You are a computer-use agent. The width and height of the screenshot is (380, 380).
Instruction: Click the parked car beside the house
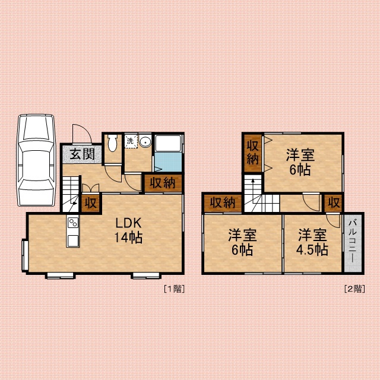(x=36, y=160)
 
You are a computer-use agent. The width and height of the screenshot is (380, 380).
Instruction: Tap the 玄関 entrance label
(x=82, y=154)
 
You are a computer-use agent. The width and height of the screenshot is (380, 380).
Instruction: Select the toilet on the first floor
(x=112, y=143)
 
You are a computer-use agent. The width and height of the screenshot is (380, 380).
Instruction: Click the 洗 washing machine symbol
(x=131, y=141)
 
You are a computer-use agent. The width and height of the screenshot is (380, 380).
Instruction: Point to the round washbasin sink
(x=145, y=141)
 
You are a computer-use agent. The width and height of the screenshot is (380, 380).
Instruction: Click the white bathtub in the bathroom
(x=168, y=143)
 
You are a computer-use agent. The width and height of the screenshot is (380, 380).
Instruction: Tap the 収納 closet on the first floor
(x=163, y=183)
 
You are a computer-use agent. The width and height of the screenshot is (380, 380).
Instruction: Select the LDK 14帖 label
(x=128, y=230)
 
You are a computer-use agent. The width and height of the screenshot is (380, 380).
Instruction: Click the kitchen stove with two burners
(x=73, y=223)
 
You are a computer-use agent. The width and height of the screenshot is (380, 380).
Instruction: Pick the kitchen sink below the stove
(x=73, y=240)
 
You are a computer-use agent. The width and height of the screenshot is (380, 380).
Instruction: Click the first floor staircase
(x=71, y=194)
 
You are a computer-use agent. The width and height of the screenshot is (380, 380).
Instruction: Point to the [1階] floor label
(x=174, y=289)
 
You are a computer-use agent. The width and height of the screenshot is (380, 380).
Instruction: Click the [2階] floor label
(x=354, y=289)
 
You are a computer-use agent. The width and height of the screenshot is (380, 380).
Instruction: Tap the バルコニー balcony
(x=353, y=243)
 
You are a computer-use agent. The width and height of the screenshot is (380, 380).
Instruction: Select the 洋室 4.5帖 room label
(x=312, y=242)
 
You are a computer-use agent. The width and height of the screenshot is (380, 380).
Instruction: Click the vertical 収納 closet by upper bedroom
(x=253, y=153)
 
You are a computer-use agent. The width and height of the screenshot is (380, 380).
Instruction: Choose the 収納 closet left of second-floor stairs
(x=223, y=203)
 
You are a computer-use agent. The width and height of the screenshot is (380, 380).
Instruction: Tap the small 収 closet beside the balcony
(x=334, y=203)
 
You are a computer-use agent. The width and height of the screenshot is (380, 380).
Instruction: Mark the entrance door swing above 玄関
(x=82, y=134)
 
